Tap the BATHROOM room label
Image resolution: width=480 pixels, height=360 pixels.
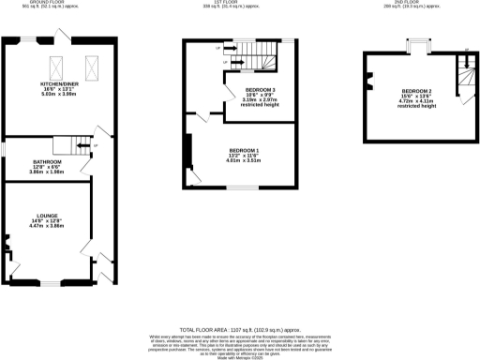[x=47, y=161]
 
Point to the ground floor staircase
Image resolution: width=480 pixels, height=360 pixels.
[x=69, y=145]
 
